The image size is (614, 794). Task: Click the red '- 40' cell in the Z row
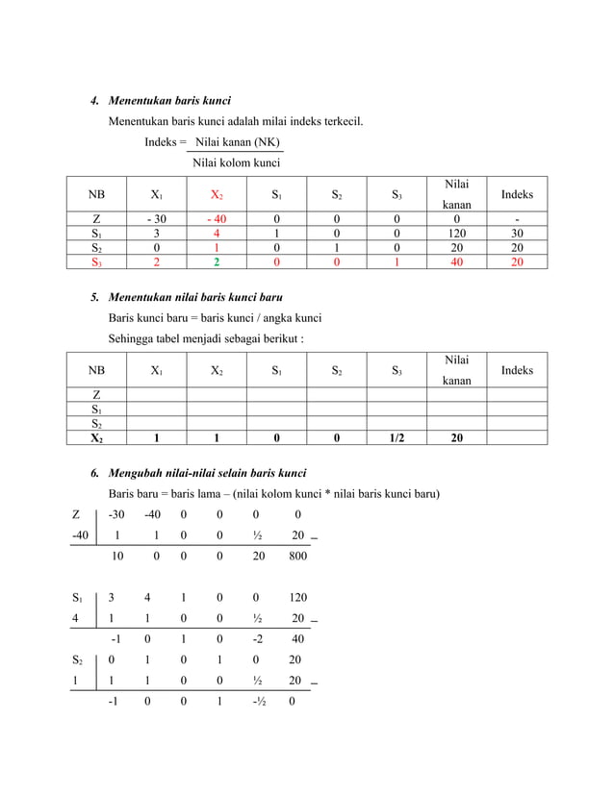click(x=216, y=218)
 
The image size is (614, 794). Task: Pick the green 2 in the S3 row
click(x=216, y=261)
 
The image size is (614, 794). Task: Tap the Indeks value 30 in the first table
click(x=517, y=233)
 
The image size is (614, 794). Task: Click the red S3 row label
click(x=96, y=261)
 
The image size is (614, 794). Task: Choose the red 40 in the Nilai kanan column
click(x=457, y=261)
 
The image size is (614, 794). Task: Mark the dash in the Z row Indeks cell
click(x=517, y=218)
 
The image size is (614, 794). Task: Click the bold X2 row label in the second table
click(x=96, y=438)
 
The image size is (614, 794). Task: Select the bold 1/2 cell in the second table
click(x=397, y=438)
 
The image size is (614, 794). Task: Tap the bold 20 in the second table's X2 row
click(x=457, y=438)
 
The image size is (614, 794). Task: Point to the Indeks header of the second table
click(x=517, y=371)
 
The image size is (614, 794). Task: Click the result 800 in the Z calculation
click(x=298, y=556)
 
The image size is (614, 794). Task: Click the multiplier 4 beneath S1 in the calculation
click(x=76, y=618)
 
